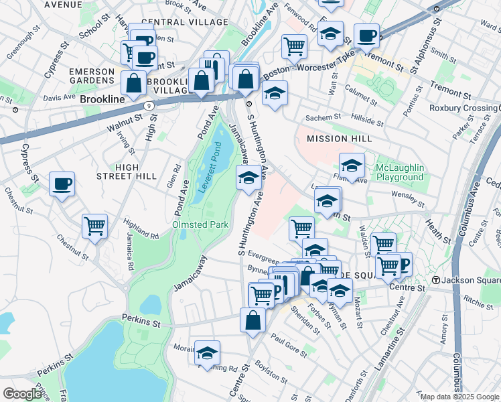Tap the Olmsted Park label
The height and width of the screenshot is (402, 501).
(x=201, y=224)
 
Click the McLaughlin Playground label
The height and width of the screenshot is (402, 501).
(x=390, y=172)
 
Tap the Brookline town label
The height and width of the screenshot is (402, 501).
(x=102, y=98)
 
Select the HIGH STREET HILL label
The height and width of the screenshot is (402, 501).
(x=136, y=172)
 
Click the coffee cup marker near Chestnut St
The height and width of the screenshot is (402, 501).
(x=62, y=185)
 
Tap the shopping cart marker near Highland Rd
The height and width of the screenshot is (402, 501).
(x=94, y=226)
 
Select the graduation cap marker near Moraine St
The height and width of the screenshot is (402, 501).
(x=208, y=353)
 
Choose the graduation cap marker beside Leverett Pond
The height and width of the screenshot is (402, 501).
(x=248, y=178)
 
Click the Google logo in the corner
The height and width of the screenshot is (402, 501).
(x=23, y=394)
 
